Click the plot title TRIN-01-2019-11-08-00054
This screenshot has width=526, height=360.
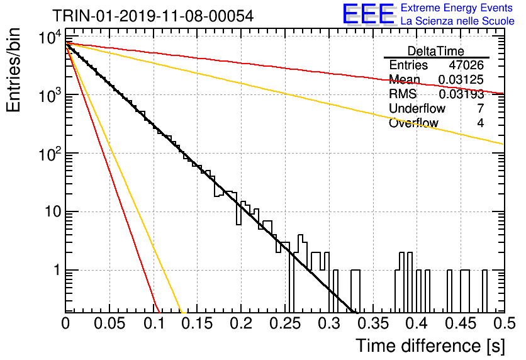(153, 16)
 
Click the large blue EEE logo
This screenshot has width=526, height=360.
(368, 14)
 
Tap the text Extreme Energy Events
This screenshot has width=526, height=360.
(457, 8)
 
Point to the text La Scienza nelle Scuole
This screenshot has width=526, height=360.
(457, 21)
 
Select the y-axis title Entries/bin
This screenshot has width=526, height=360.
(13, 70)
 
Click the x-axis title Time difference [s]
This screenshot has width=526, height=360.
(430, 346)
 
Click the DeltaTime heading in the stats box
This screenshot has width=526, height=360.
(436, 51)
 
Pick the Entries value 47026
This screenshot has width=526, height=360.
(466, 65)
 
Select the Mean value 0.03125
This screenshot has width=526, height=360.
(461, 79)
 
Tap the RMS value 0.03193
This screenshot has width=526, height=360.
(461, 94)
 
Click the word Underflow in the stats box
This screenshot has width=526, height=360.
(417, 108)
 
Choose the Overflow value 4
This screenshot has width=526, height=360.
(480, 123)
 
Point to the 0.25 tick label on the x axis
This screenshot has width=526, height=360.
(285, 323)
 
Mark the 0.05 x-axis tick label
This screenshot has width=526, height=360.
(109, 323)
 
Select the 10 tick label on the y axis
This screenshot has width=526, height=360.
(53, 211)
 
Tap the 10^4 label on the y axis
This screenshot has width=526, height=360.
(50, 37)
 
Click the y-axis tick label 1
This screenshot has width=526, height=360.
(57, 270)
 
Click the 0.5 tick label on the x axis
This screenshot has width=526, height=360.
(504, 323)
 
